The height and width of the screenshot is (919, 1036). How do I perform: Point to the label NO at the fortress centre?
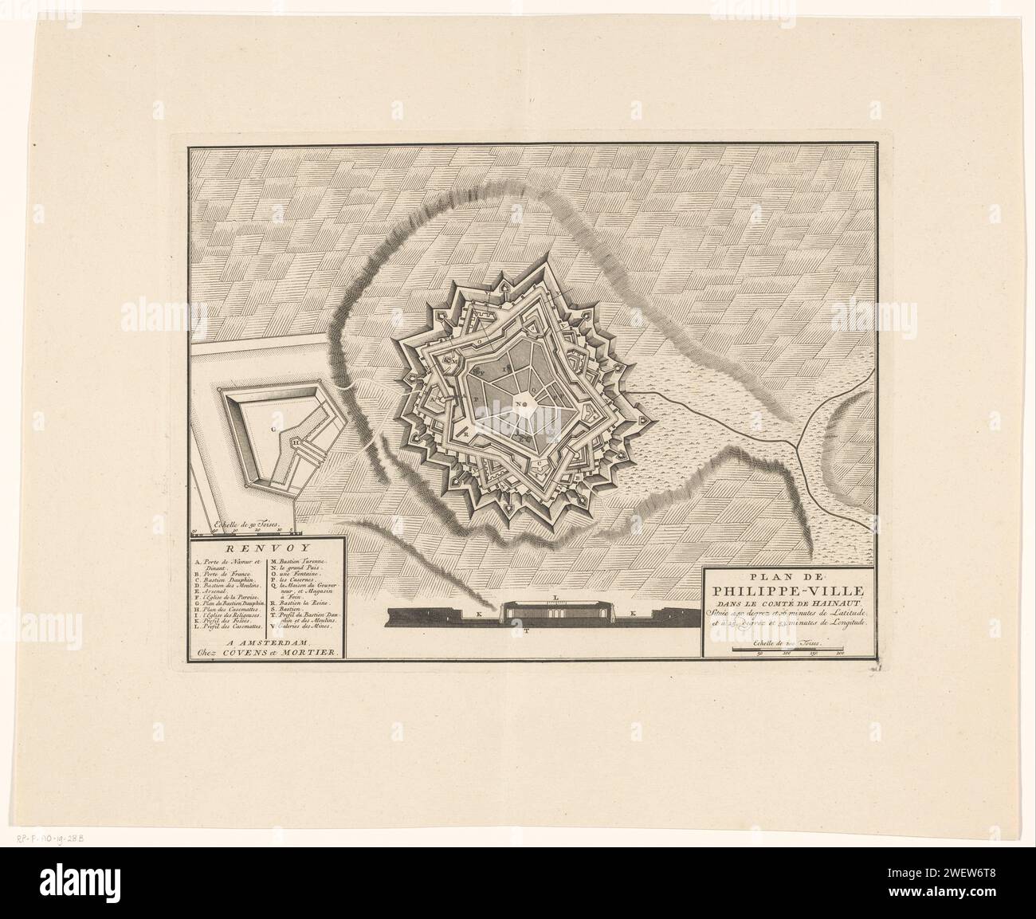click(523, 404)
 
